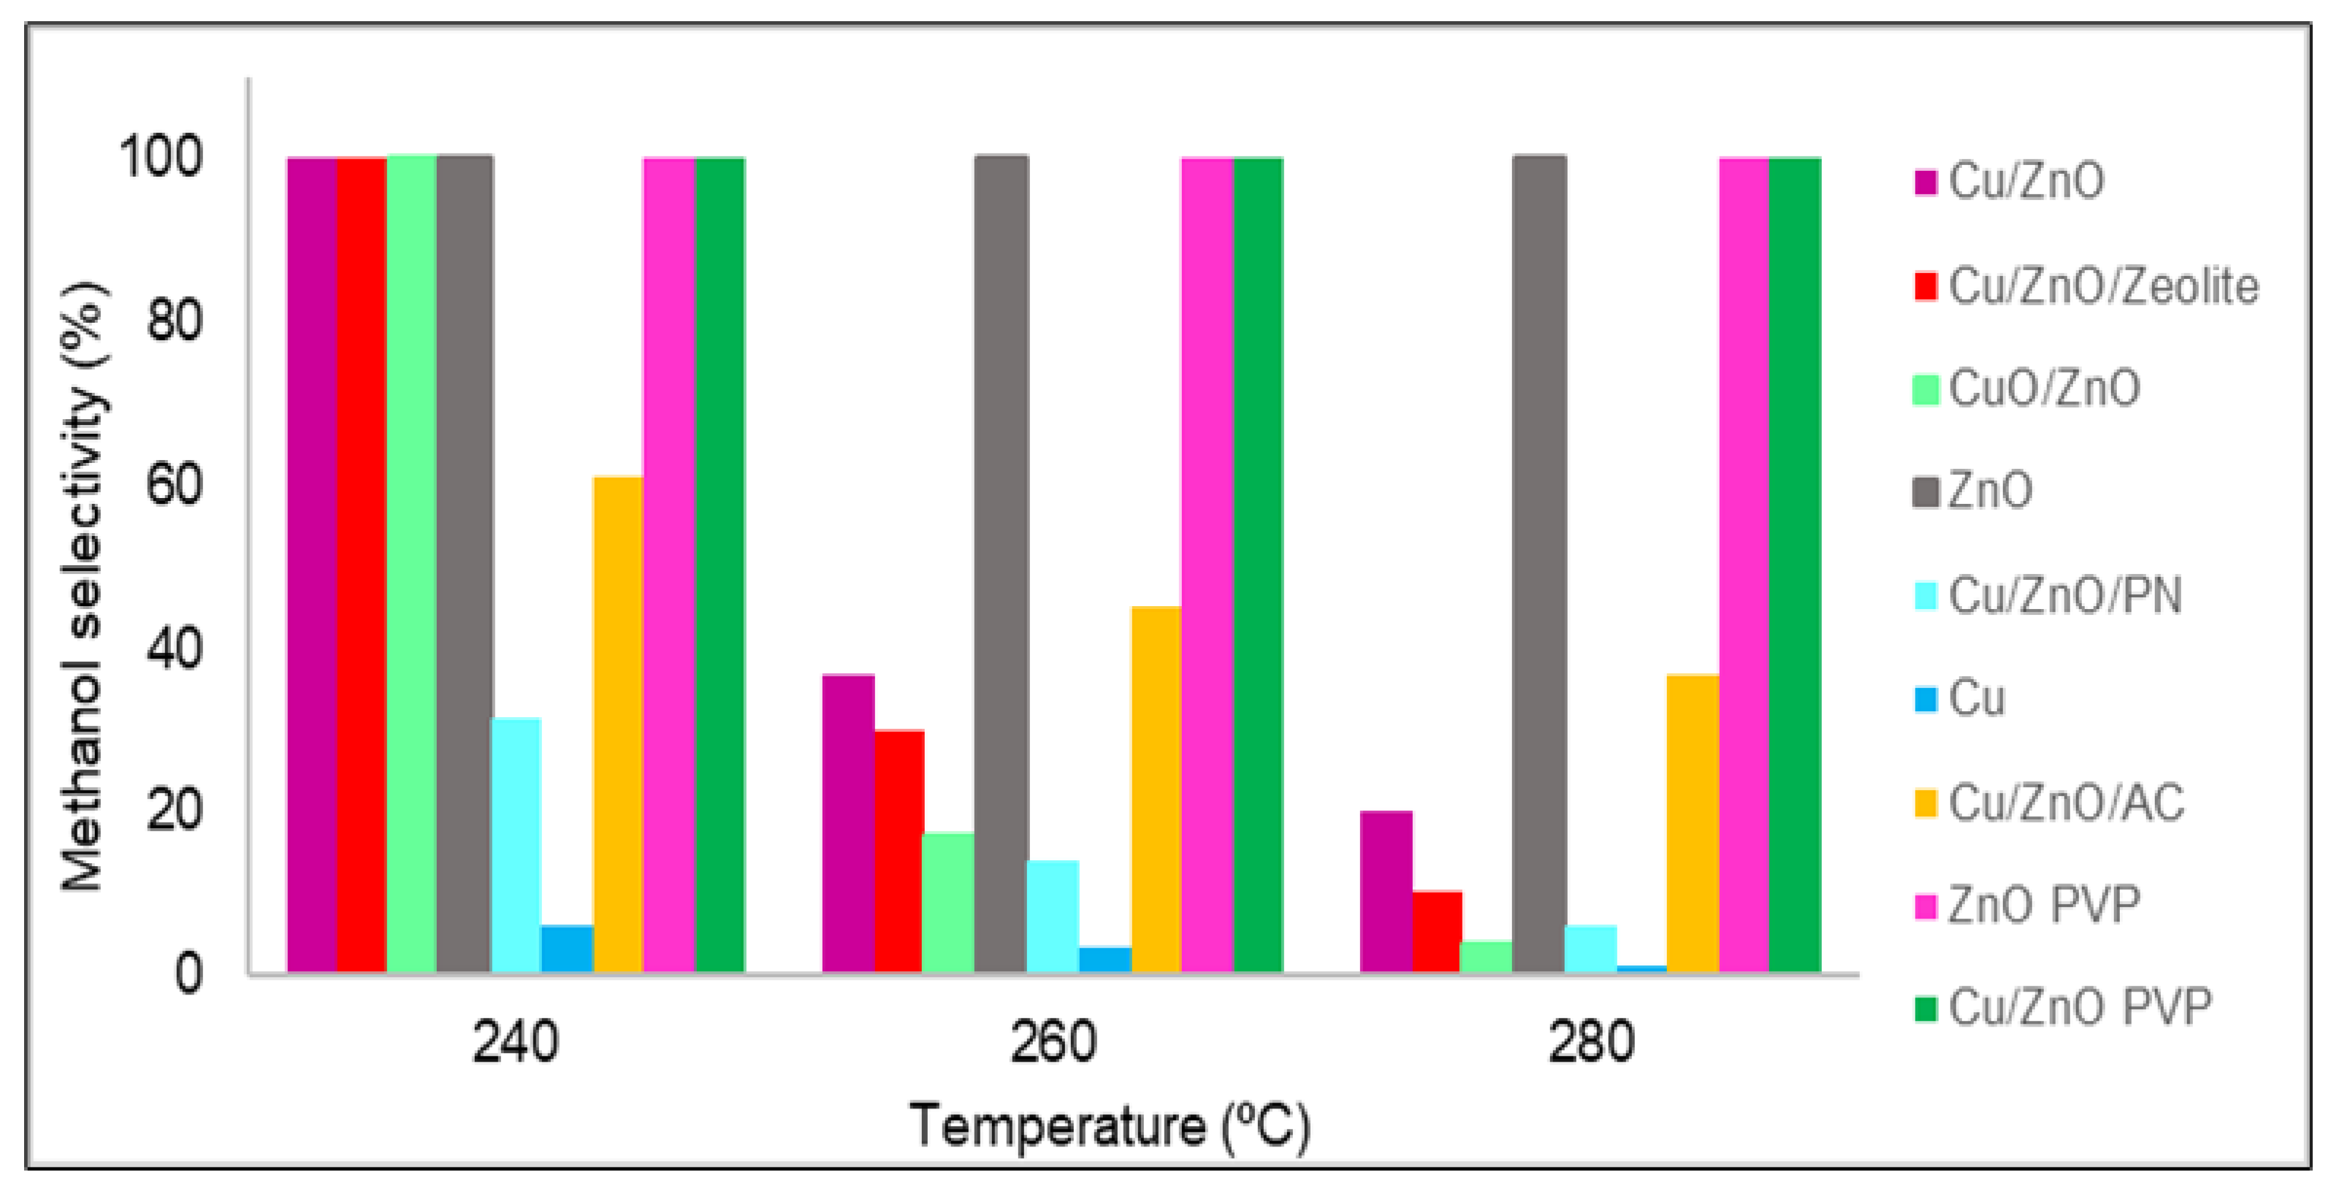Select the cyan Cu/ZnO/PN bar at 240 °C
pos(516,845)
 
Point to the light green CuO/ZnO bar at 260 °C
pos(948,903)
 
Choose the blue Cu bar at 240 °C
pos(567,949)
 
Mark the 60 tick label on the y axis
pos(175,486)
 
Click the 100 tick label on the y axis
pos(161,158)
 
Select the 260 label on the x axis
pos(1053,1043)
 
